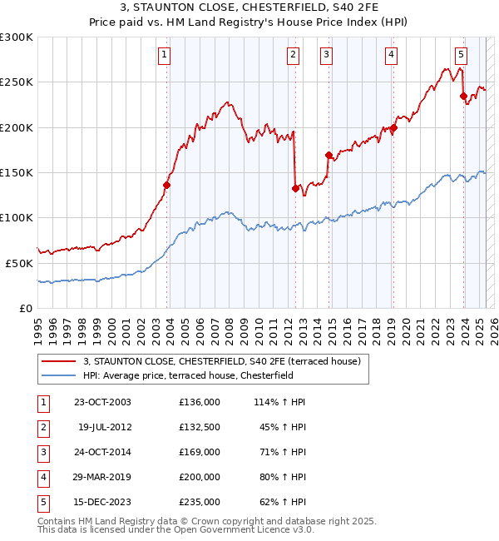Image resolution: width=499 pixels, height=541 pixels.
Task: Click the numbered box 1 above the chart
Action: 164,56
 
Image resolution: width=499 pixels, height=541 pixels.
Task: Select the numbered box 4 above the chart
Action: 391,56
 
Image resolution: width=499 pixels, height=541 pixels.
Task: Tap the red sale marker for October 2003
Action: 167,186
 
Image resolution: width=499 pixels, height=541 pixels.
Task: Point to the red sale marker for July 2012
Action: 295,188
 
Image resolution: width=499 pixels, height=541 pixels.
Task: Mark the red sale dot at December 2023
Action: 463,96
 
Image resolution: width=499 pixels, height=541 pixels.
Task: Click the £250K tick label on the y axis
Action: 17,82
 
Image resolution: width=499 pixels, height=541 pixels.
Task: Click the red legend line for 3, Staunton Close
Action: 60,362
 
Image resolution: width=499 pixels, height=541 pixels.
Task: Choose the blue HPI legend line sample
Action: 60,375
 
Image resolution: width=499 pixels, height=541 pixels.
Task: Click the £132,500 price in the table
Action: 200,427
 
